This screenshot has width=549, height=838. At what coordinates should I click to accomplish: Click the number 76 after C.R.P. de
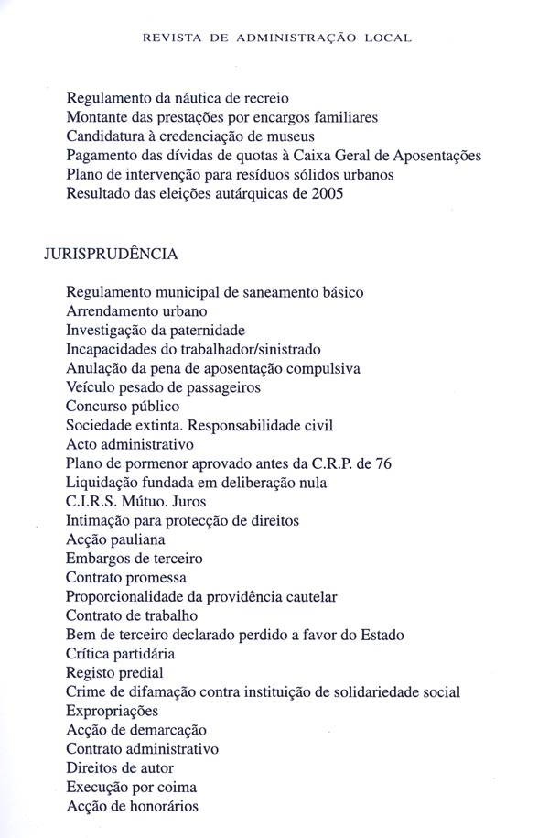tap(383, 463)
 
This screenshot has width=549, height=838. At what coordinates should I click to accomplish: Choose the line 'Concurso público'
tap(123, 407)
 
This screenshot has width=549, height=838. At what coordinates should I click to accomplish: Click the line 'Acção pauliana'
tap(115, 539)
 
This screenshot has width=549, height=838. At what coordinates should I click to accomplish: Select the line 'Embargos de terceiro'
tap(135, 559)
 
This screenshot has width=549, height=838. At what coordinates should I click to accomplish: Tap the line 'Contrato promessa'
tap(126, 578)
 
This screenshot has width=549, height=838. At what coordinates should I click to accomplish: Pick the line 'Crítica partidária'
tap(120, 654)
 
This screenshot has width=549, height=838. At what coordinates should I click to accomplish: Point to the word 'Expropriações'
tap(112, 711)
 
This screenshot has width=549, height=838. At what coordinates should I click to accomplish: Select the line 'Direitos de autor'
tap(120, 767)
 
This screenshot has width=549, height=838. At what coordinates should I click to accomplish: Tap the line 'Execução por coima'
tap(132, 787)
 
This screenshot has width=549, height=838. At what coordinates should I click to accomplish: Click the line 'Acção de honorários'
tap(133, 806)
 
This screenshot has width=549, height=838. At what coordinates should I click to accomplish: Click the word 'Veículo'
tap(91, 387)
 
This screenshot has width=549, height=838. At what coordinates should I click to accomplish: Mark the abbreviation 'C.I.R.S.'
tap(92, 502)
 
